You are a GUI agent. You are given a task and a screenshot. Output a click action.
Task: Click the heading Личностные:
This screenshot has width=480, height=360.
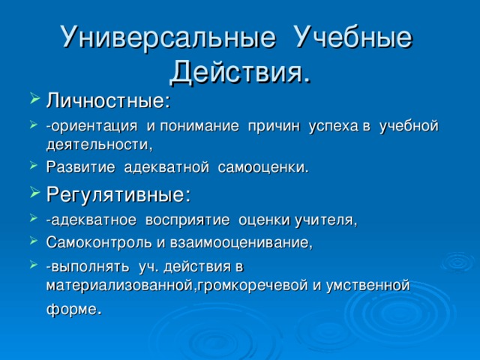[108, 100]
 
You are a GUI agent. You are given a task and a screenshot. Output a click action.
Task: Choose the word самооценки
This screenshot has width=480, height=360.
[262, 166]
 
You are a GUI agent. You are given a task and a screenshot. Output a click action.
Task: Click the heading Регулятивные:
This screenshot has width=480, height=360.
[118, 195]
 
